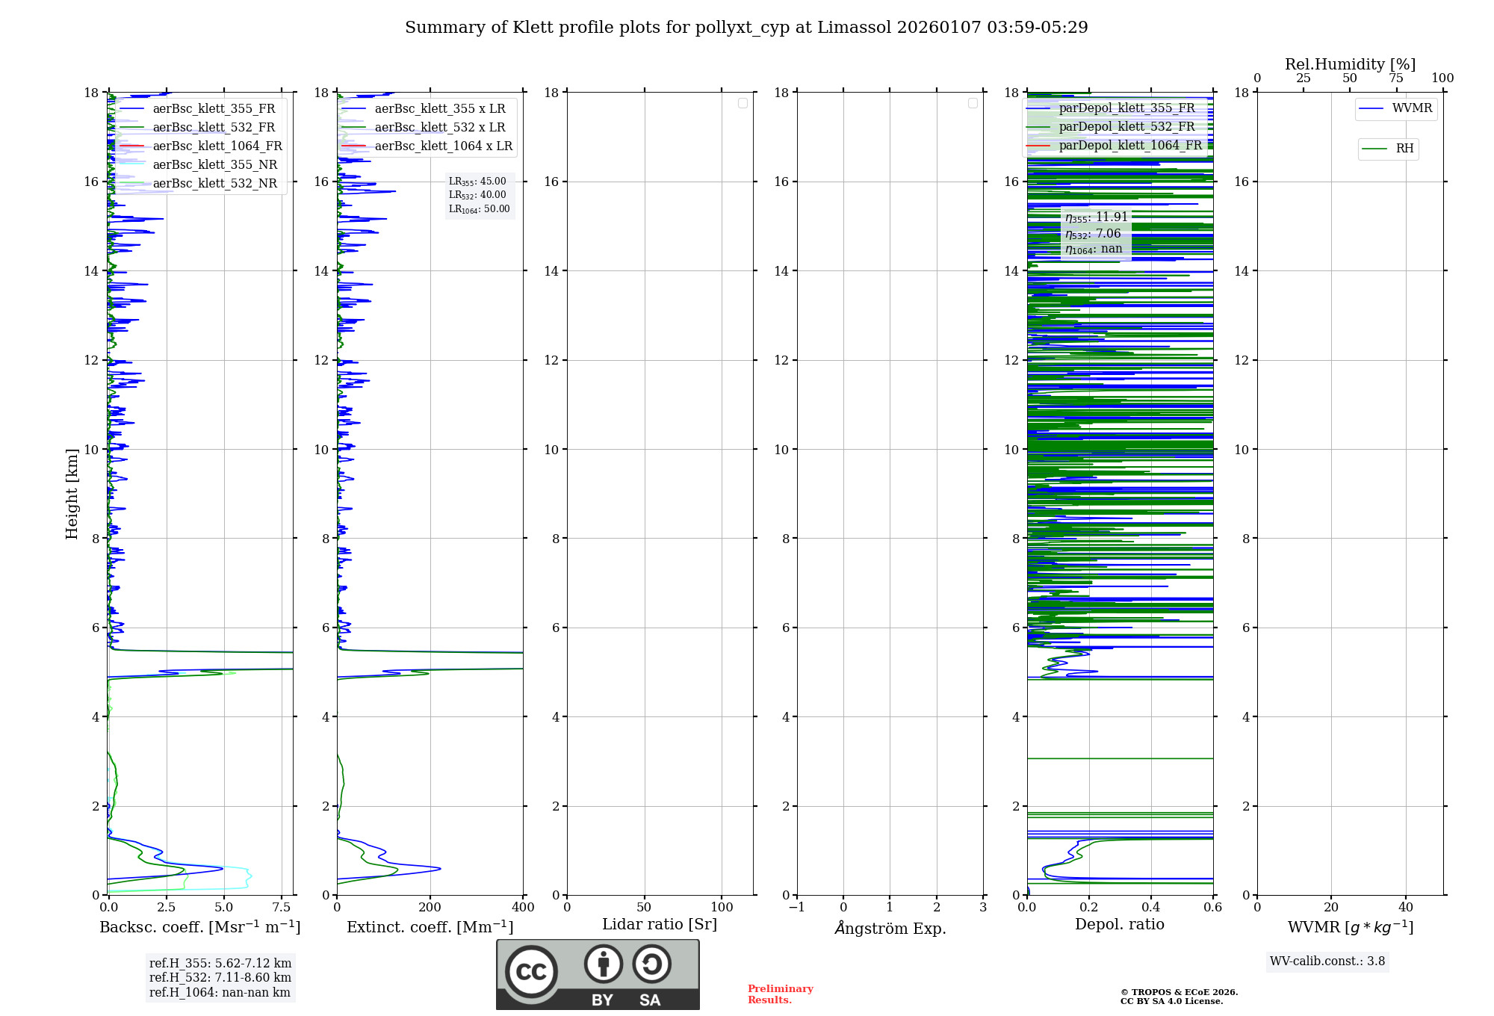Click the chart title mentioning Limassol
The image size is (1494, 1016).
pyautogui.click(x=746, y=28)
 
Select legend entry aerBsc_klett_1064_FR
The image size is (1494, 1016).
pyautogui.click(x=217, y=146)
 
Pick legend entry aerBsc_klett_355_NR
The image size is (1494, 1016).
pyautogui.click(x=214, y=165)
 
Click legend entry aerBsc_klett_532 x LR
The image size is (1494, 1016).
pyautogui.click(x=439, y=128)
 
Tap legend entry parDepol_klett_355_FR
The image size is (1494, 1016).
pyautogui.click(x=1126, y=108)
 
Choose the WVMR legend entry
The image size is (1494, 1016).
pyautogui.click(x=1411, y=109)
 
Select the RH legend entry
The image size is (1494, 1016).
pyautogui.click(x=1404, y=149)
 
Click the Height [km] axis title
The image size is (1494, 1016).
pyautogui.click(x=72, y=494)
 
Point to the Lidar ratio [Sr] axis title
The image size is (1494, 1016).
pyautogui.click(x=660, y=925)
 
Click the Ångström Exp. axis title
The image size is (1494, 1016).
pyautogui.click(x=890, y=929)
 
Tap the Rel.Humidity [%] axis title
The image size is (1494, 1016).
pyautogui.click(x=1350, y=64)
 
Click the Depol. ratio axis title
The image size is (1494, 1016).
pyautogui.click(x=1119, y=925)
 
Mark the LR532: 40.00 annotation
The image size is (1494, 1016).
pyautogui.click(x=477, y=195)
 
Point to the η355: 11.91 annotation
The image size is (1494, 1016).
pyautogui.click(x=1096, y=217)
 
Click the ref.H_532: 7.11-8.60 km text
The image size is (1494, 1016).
pyautogui.click(x=220, y=978)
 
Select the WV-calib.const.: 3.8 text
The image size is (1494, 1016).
pyautogui.click(x=1327, y=961)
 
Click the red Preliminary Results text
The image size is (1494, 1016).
pyautogui.click(x=780, y=994)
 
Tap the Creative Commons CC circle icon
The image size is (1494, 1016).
pyautogui.click(x=531, y=972)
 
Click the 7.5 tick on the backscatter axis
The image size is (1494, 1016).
pyautogui.click(x=282, y=908)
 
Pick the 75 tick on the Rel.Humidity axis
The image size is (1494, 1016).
pyautogui.click(x=1395, y=78)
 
